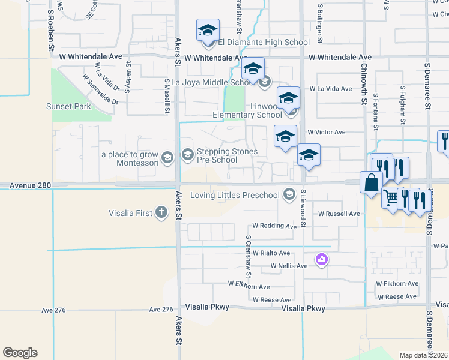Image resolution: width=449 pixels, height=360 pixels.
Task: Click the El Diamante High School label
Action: point(264,43)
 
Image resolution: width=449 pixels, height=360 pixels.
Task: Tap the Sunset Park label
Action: point(68,107)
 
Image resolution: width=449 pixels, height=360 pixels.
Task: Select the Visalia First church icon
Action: point(161,212)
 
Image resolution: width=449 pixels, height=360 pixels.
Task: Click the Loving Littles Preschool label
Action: point(235,195)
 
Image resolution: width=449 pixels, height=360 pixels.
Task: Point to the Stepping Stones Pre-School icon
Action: point(187,156)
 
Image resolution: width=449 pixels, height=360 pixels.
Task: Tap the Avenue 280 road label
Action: point(29,187)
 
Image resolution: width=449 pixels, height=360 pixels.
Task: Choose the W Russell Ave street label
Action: point(339,214)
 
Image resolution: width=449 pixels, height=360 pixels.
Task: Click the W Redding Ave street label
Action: point(274,226)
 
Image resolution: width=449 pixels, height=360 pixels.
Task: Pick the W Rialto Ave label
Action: point(271,253)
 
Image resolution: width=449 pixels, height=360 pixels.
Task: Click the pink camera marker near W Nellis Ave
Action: point(321,259)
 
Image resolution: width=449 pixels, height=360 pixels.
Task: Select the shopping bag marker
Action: point(371,181)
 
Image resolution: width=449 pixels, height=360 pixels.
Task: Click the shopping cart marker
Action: point(391,196)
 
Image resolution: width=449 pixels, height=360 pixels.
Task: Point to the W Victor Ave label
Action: point(326,132)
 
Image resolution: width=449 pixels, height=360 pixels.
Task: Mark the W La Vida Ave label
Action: point(330,89)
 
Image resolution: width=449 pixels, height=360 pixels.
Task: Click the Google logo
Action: point(20,353)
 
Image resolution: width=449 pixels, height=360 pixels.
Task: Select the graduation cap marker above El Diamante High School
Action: point(208,29)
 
